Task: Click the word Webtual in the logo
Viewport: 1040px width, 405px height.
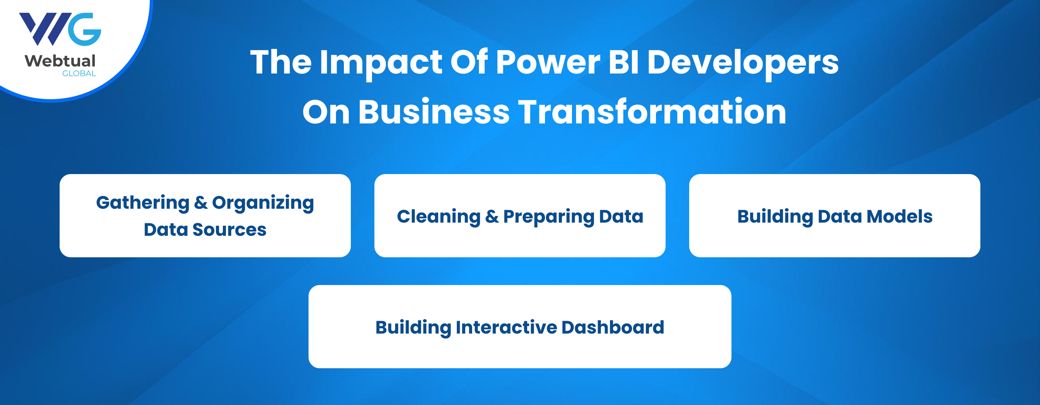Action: click(x=60, y=61)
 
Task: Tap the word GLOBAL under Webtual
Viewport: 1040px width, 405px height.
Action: click(x=79, y=74)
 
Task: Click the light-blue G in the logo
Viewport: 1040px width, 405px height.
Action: click(x=84, y=29)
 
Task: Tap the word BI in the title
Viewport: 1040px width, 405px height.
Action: click(x=623, y=62)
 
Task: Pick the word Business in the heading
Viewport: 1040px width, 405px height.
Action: click(x=434, y=112)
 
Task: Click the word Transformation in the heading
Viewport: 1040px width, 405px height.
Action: click(x=652, y=112)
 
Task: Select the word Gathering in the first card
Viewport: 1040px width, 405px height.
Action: click(x=142, y=203)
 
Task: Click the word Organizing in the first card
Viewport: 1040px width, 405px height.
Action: click(x=263, y=203)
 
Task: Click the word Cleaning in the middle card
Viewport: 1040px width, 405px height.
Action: click(x=439, y=217)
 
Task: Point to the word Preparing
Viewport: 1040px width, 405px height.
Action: click(x=549, y=217)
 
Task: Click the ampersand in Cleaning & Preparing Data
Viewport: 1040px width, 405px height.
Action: click(x=492, y=216)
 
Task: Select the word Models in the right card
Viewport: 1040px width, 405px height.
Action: click(x=900, y=216)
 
